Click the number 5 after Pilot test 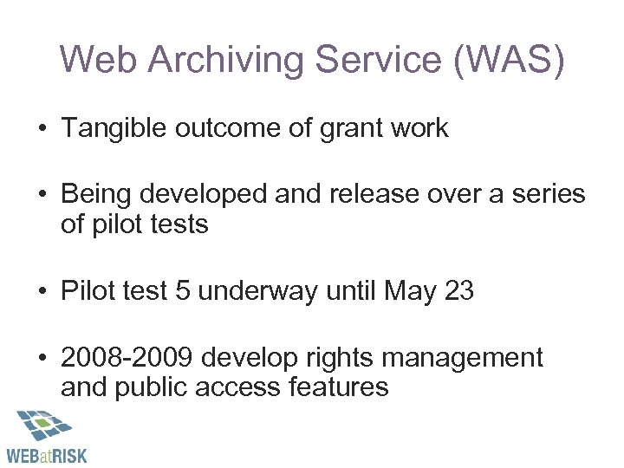(x=182, y=291)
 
